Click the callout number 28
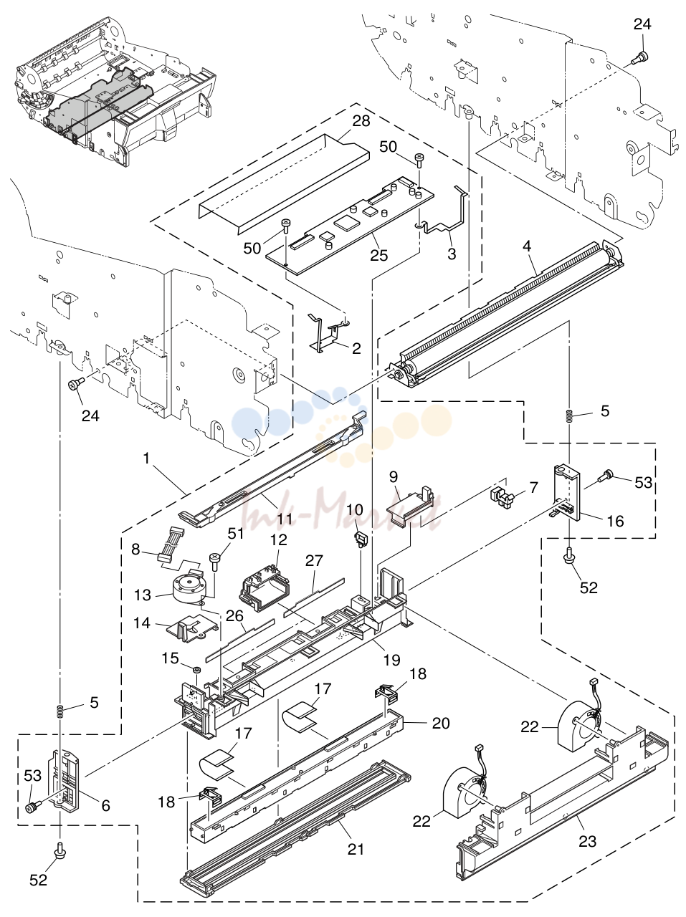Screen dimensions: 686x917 click(361, 121)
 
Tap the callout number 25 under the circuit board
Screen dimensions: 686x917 click(378, 255)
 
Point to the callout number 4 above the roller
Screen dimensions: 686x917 click(527, 246)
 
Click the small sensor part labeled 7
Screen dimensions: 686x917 click(502, 496)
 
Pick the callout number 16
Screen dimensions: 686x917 click(616, 521)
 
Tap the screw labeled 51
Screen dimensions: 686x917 click(214, 562)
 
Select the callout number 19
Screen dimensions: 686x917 click(391, 660)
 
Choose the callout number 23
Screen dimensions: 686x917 click(587, 840)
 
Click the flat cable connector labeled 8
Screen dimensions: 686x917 click(172, 544)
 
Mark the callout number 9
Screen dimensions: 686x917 click(394, 476)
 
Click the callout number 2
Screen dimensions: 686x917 click(356, 348)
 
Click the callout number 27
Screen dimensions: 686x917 click(313, 560)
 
